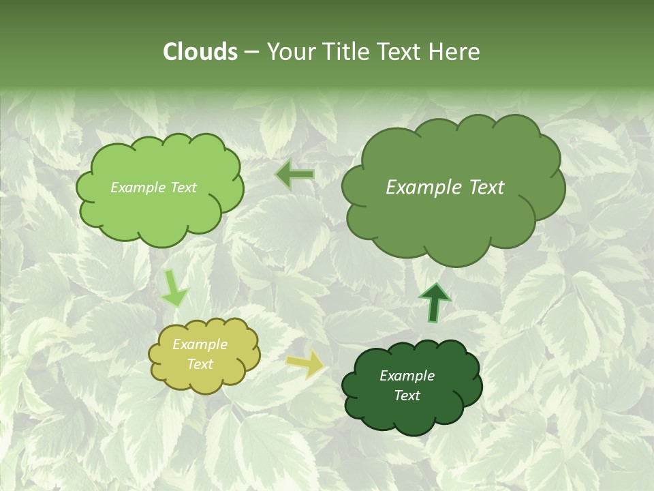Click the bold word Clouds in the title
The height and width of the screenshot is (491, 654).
coord(200,52)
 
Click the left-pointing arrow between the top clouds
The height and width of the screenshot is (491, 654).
coord(294,175)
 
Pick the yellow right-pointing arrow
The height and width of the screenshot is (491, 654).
coord(305,365)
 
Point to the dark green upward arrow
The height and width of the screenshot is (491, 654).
coord(435,303)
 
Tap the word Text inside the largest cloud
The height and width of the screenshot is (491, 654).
coord(486,188)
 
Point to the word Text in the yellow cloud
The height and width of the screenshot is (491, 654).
coord(200,364)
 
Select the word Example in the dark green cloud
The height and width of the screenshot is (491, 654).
coord(407,376)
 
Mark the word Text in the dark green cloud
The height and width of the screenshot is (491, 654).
coord(407,396)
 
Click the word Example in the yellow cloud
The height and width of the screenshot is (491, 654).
coord(200,344)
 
